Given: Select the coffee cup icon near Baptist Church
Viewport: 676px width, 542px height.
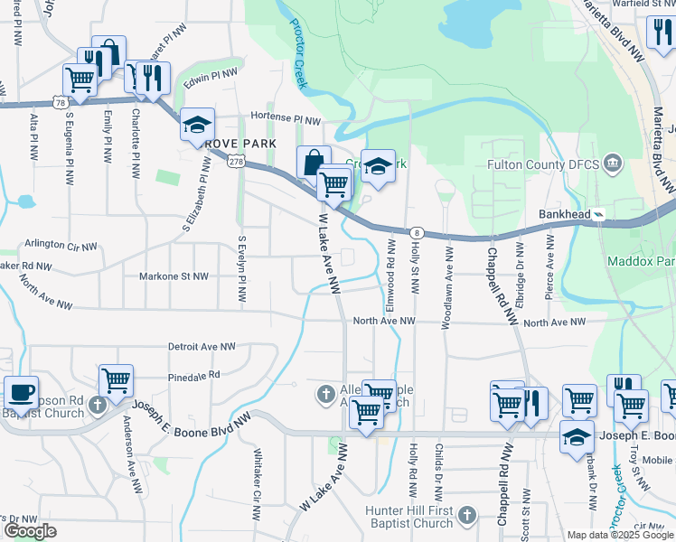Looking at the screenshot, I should [21, 394].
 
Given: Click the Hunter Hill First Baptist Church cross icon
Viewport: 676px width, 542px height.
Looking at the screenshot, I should [466, 516].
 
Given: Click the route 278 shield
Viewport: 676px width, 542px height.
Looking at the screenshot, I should [237, 161].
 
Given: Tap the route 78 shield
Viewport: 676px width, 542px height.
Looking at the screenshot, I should [60, 103].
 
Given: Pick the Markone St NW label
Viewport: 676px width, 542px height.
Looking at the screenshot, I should [174, 276].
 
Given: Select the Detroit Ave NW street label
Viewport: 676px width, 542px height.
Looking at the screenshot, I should [202, 346].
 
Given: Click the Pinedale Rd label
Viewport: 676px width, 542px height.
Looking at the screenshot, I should [193, 374].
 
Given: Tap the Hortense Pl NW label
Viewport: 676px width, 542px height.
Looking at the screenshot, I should [286, 118].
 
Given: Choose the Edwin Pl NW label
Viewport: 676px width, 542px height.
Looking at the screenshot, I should [211, 76].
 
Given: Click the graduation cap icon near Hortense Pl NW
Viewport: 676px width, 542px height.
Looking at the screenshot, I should [196, 125].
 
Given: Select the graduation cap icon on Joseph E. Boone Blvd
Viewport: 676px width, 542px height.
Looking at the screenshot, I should [576, 436].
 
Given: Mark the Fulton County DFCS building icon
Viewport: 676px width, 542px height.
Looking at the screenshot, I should [614, 163].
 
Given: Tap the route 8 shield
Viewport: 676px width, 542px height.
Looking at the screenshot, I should [416, 232].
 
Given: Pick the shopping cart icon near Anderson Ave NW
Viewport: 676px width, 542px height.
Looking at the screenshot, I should [116, 380].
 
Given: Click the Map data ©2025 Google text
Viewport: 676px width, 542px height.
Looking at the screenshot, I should [619, 535].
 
